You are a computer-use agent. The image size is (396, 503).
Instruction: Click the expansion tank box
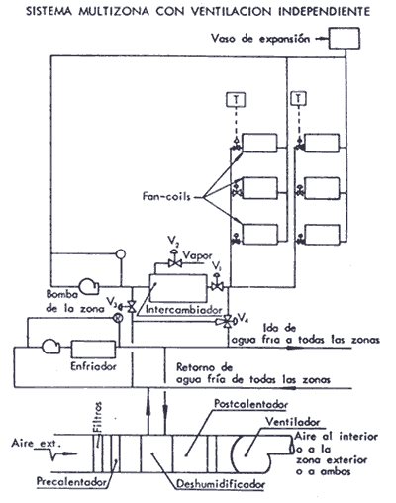pos(344,38)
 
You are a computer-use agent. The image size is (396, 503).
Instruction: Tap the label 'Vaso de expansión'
pos(260,39)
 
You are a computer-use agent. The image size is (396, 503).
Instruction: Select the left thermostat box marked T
pos(236,99)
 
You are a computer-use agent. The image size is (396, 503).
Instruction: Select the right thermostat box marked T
pos(299,98)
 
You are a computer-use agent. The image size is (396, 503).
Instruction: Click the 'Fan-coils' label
pos(166,196)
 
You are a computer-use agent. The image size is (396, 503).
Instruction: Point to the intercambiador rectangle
pos(178,288)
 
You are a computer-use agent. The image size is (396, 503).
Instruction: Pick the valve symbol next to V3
pos(131,307)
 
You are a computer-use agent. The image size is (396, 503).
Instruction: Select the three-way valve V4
pos(227,321)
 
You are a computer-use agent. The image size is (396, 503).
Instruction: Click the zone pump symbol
pos(89,286)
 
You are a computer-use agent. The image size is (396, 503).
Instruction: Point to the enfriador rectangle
pos(94,350)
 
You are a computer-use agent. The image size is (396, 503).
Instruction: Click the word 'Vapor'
pos(197,255)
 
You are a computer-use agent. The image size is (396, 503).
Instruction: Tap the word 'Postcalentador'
pos(251,404)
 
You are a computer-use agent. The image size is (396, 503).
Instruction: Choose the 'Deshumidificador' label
pos(221,484)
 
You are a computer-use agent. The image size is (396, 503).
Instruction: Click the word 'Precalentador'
pos(71,481)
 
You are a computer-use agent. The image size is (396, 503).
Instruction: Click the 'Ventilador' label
pos(293,422)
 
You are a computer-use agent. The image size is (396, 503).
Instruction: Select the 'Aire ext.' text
pos(37,443)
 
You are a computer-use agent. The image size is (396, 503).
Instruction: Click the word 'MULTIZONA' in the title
pos(114,11)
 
